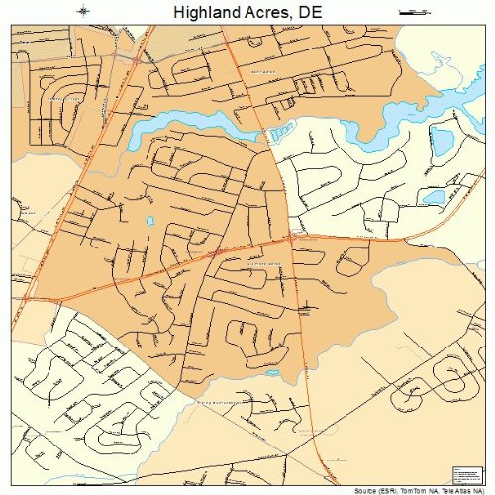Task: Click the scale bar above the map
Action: [407, 12]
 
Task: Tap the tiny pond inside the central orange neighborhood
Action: [150, 221]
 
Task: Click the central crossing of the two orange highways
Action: [293, 237]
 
